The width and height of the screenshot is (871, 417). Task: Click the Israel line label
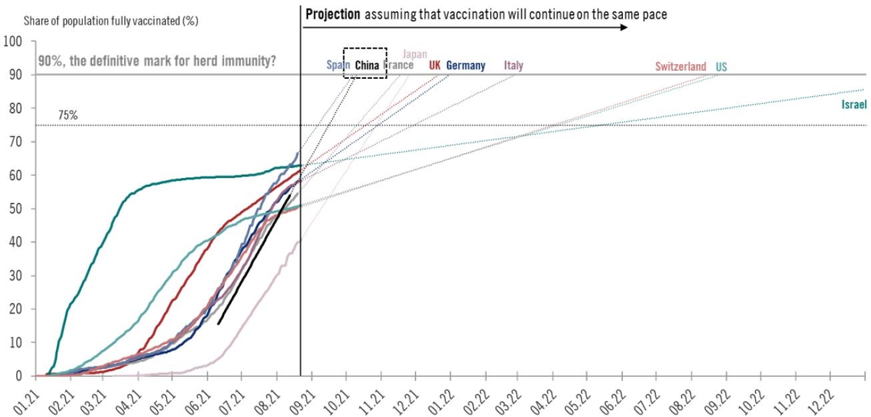[853, 105]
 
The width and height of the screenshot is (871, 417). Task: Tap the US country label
[722, 66]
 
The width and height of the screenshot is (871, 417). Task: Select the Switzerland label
[680, 66]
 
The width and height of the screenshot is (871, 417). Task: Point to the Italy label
[514, 65]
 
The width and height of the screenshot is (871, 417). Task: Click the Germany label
[466, 65]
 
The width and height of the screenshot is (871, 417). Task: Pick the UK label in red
[435, 65]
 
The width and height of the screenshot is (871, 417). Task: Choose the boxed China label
[366, 65]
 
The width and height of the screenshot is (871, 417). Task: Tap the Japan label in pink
[415, 54]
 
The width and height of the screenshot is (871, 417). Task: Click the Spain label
[337, 65]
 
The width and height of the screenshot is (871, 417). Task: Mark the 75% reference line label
[68, 115]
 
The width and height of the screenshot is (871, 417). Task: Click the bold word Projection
[333, 14]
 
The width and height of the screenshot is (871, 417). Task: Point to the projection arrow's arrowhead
[624, 27]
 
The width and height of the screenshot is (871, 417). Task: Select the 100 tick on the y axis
[13, 41]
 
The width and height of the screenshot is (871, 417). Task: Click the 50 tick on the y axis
[16, 209]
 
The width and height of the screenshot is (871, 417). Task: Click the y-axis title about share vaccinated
[111, 21]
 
